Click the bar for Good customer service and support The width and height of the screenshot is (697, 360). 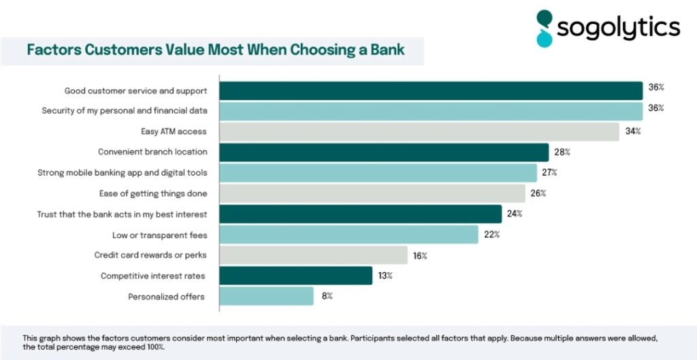coord(431,91)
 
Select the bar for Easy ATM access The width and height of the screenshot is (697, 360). coord(419,132)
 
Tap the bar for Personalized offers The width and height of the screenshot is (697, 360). coord(266,296)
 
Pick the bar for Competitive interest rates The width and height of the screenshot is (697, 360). coord(295,276)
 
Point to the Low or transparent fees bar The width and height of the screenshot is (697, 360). coord(348,235)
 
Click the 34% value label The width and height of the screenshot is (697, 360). coord(633,131)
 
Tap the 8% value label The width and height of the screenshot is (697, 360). coord(327,296)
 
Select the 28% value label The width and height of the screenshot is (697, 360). coord(562,152)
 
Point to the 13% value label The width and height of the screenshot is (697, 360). coord(386,276)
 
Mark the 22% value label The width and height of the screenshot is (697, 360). coord(492,235)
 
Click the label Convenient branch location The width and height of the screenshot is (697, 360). coord(152,152)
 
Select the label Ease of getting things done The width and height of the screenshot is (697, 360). coord(152,194)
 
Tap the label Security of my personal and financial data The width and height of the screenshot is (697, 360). coord(125,110)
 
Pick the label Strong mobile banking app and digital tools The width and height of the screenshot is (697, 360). coord(123,173)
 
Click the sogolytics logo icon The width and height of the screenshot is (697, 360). coord(545,28)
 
